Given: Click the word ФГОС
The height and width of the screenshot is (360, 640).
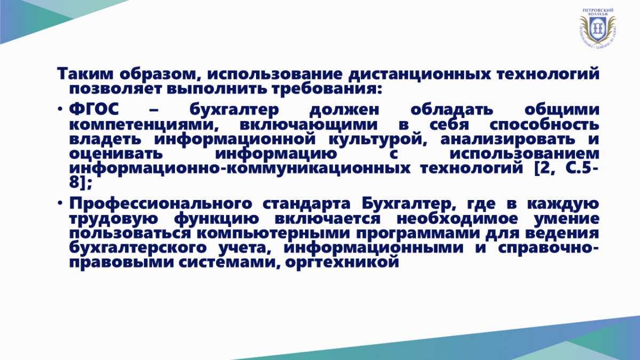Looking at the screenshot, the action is [x=94, y=109].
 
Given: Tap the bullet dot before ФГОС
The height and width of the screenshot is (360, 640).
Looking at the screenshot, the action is [x=60, y=109].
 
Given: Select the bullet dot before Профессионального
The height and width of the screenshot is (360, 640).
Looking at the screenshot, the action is [x=60, y=203].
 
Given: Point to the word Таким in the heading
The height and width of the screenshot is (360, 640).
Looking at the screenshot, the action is [x=85, y=74].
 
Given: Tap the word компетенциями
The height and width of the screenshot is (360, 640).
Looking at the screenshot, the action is [x=142, y=125].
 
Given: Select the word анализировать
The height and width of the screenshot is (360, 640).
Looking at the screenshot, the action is [x=508, y=140].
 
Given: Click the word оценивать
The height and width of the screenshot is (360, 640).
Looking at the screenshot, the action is [x=116, y=154].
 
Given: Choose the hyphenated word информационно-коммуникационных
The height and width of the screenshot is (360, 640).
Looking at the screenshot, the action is [x=239, y=169].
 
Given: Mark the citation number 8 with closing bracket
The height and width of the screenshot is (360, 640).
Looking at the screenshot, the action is [x=81, y=182].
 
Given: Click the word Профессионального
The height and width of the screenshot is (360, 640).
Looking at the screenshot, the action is [x=161, y=204].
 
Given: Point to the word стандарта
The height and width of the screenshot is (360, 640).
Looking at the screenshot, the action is [x=306, y=204].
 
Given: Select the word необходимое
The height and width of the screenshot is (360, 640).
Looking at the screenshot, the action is [x=457, y=219].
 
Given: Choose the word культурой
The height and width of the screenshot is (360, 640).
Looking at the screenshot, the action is [x=377, y=140].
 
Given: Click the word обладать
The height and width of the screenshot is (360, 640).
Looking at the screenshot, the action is [x=452, y=110].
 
